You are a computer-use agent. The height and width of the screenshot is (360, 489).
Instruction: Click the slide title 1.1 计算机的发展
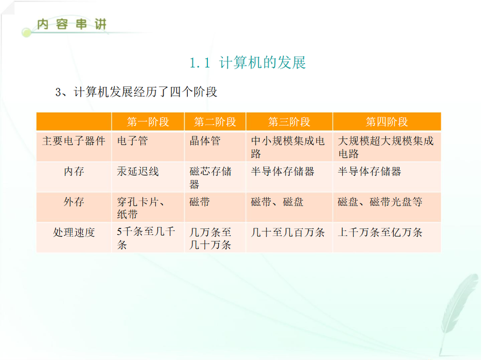tap(248, 63)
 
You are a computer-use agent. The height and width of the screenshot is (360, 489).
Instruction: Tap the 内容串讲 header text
tap(72, 24)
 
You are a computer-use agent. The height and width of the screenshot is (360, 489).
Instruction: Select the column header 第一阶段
tap(148, 121)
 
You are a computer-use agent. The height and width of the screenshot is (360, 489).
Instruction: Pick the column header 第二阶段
tap(215, 121)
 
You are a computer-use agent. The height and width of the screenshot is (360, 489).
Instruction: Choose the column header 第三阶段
tap(289, 121)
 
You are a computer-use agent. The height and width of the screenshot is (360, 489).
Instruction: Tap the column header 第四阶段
tap(387, 121)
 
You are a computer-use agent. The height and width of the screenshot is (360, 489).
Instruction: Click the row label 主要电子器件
tap(74, 141)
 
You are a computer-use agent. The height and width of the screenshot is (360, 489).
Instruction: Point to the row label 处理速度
tap(74, 232)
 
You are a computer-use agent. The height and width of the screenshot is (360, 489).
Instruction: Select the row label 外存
tap(74, 202)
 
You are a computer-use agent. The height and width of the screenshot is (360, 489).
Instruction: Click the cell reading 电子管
tap(132, 141)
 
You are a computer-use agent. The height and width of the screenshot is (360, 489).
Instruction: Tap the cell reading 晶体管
tap(205, 141)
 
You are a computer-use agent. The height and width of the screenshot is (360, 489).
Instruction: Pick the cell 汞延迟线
tap(138, 171)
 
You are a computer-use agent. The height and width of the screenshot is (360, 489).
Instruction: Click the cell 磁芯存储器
tap(211, 177)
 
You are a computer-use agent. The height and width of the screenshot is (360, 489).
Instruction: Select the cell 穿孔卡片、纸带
tap(141, 208)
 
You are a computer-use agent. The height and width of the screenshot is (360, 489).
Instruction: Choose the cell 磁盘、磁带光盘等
tap(380, 202)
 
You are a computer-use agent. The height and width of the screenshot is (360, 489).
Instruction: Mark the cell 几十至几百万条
tap(288, 232)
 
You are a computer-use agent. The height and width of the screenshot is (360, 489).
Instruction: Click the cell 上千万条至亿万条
tap(380, 232)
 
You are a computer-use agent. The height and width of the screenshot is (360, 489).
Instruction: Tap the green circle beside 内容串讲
tap(26, 32)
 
